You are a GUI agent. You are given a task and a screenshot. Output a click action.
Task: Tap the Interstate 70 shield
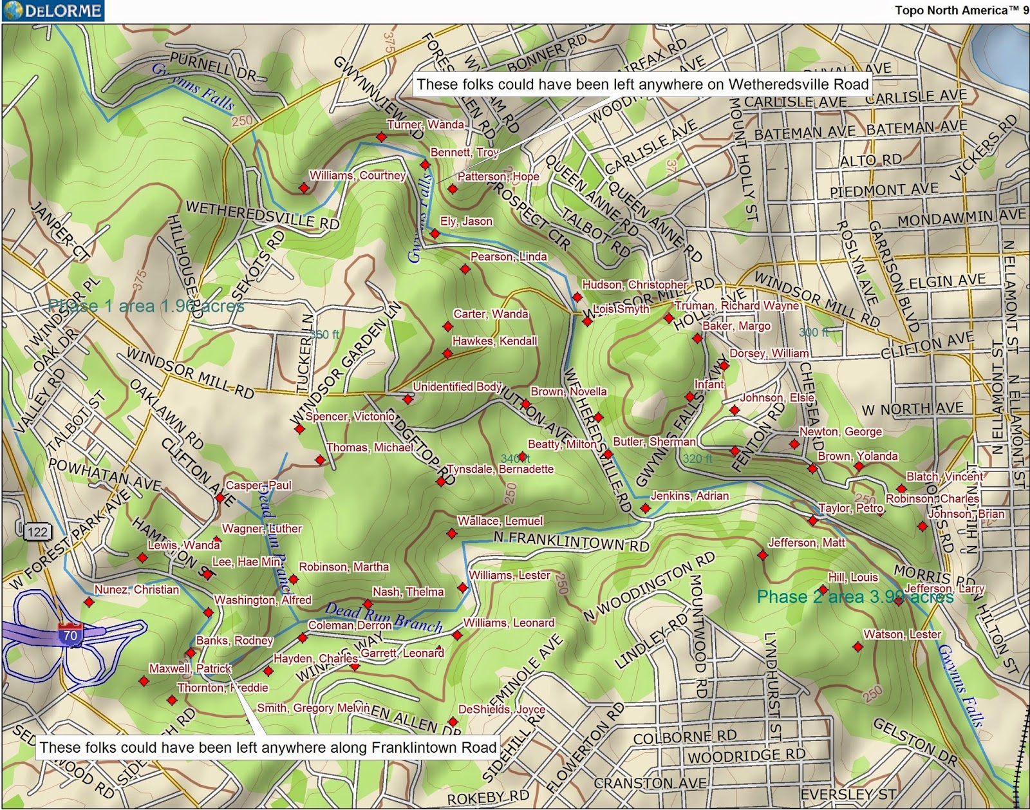click(70, 633)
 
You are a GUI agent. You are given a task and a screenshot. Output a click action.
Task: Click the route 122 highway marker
click(37, 531)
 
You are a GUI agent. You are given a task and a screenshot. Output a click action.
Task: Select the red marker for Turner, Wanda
click(382, 137)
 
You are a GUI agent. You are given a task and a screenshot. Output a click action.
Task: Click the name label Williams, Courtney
click(357, 175)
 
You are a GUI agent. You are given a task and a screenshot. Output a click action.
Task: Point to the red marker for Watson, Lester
click(857, 646)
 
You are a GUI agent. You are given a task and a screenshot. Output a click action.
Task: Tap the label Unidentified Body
click(457, 386)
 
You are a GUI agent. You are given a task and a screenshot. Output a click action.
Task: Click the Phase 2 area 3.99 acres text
click(855, 597)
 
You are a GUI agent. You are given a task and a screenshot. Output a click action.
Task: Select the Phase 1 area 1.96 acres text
click(146, 305)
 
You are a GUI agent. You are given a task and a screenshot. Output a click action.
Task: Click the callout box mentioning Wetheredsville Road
click(642, 84)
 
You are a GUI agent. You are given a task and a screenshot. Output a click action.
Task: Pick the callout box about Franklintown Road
click(268, 747)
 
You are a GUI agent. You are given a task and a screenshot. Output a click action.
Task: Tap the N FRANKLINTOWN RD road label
click(572, 541)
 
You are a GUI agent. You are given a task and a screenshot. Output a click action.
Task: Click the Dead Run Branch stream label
click(384, 617)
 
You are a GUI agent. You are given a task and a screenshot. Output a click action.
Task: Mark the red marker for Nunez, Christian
click(89, 602)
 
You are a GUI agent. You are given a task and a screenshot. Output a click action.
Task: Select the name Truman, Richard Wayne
click(736, 306)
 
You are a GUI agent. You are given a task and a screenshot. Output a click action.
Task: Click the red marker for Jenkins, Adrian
click(645, 509)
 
